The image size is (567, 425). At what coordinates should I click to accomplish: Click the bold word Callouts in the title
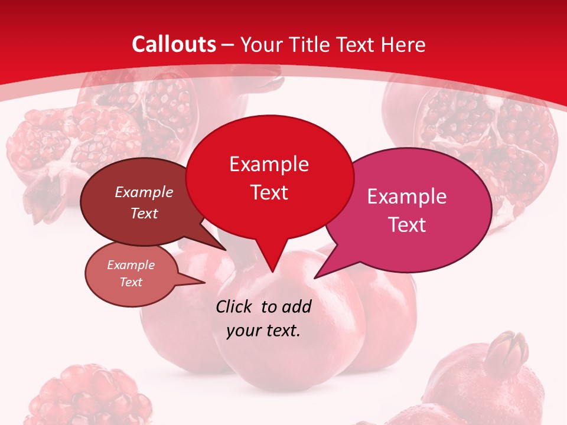pyautogui.click(x=174, y=44)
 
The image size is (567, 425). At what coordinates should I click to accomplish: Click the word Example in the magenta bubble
pyautogui.click(x=407, y=197)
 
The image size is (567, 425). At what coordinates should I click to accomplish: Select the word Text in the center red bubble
pyautogui.click(x=269, y=192)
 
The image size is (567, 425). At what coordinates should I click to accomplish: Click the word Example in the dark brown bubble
pyautogui.click(x=144, y=192)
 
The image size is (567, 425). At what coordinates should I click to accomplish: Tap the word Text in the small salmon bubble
pyautogui.click(x=131, y=282)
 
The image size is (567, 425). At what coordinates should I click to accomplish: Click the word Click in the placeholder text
pyautogui.click(x=234, y=306)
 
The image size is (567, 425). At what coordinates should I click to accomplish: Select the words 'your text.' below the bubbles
pyautogui.click(x=263, y=331)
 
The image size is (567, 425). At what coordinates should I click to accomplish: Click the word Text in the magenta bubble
pyautogui.click(x=408, y=225)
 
